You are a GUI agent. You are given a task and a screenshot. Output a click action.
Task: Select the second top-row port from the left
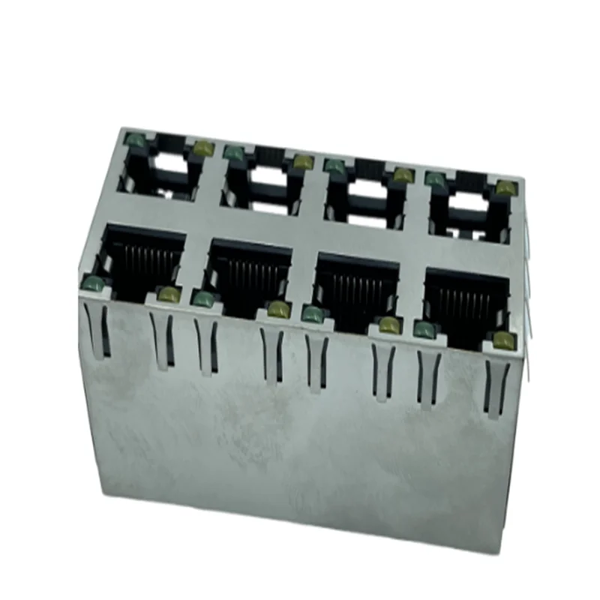[262, 180]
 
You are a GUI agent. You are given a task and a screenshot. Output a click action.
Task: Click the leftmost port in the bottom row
[142, 259]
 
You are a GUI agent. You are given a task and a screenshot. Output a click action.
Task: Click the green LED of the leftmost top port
[134, 139]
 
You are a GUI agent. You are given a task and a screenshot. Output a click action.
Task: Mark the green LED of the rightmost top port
[434, 178]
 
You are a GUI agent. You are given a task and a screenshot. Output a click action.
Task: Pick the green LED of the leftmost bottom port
[92, 282]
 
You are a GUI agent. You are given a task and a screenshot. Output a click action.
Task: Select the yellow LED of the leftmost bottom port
[169, 295]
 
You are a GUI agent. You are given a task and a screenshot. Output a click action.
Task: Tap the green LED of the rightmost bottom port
[424, 328]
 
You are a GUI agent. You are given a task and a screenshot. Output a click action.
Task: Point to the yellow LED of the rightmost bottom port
[503, 341]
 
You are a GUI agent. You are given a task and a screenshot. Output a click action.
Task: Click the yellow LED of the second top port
[302, 162]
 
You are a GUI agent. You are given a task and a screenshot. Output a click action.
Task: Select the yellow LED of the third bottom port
[388, 325]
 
